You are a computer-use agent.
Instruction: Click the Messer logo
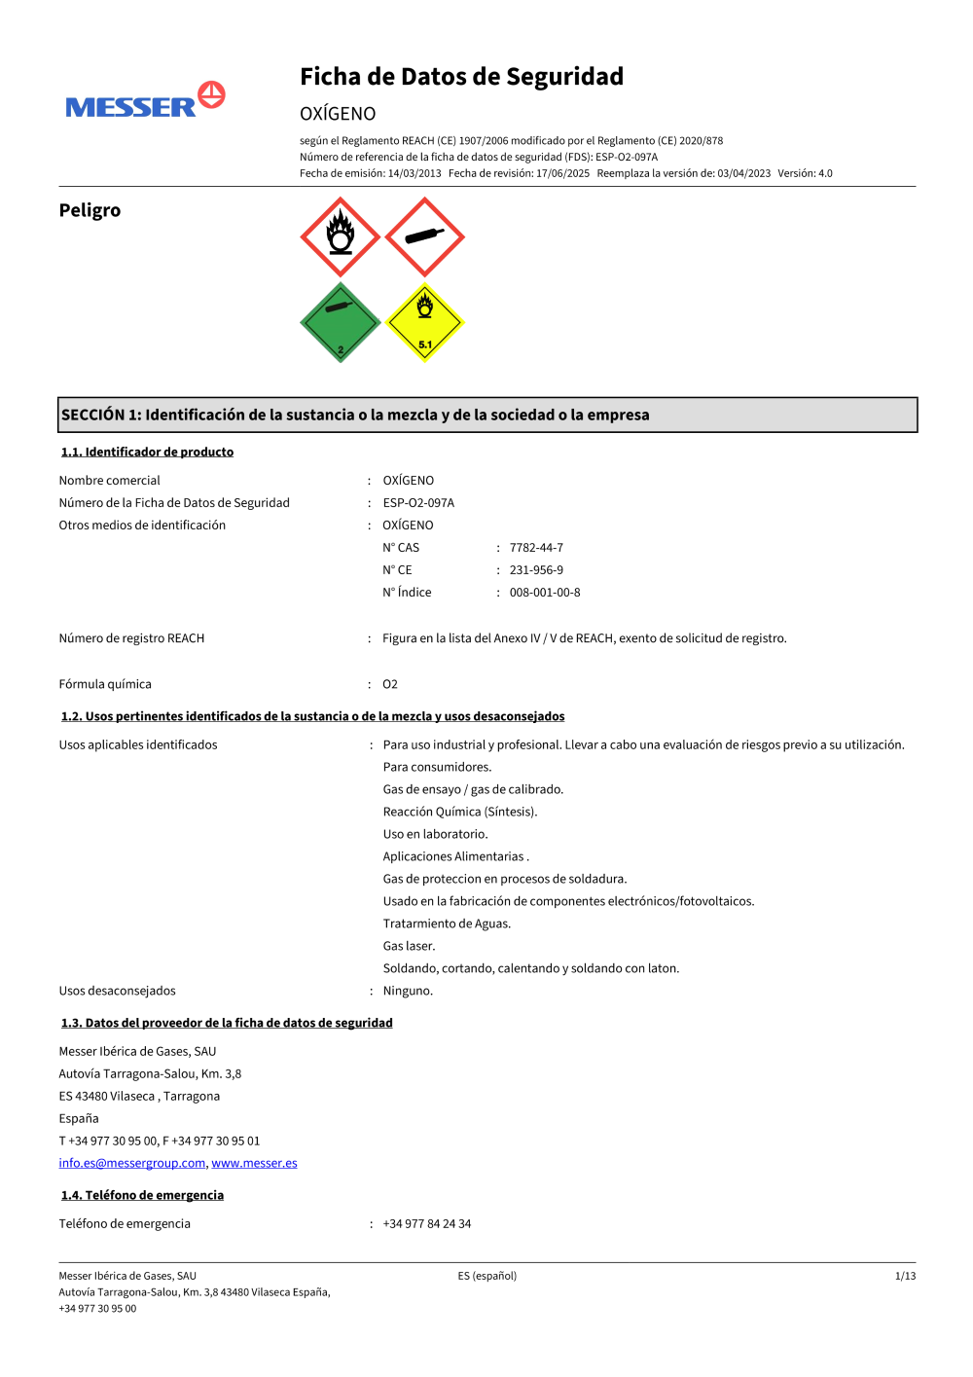(x=145, y=101)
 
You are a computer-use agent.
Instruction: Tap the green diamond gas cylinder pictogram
(x=340, y=323)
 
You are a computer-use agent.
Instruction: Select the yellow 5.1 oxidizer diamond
(x=425, y=323)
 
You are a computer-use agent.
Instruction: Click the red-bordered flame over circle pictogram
(x=340, y=237)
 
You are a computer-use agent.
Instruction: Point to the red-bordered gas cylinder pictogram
(x=425, y=237)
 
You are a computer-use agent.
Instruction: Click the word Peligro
(x=90, y=210)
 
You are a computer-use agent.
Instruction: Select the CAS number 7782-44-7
(x=536, y=548)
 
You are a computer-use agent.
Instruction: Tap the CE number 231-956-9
(x=536, y=570)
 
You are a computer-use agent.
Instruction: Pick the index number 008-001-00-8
(x=545, y=593)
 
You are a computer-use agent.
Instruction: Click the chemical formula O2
(x=390, y=684)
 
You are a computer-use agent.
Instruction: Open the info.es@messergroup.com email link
(x=132, y=1163)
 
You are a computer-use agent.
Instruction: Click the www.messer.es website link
(x=255, y=1163)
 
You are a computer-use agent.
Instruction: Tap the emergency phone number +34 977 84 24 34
(x=427, y=1224)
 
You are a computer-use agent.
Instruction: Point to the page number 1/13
(x=905, y=1276)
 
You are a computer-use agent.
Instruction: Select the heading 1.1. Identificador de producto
(x=147, y=452)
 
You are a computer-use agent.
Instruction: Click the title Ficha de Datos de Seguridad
(x=461, y=77)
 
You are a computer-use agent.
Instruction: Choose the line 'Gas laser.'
(x=410, y=946)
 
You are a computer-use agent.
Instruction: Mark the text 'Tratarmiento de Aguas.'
(x=447, y=924)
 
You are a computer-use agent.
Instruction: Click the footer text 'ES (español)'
(x=487, y=1276)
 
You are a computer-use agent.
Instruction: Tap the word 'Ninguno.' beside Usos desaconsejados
(x=408, y=991)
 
